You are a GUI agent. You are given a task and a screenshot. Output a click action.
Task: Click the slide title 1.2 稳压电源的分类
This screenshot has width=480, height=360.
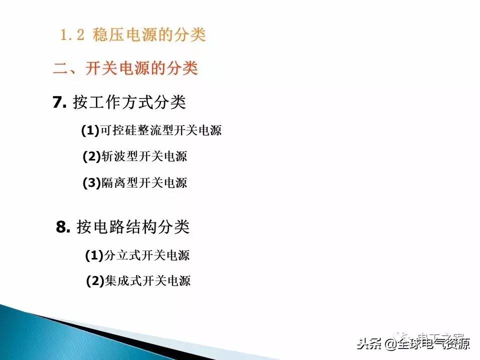pos(132,35)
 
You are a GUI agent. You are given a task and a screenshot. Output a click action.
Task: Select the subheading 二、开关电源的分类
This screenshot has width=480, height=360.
pos(125,68)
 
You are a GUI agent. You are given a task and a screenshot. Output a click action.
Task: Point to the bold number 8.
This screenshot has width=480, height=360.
pos(63,227)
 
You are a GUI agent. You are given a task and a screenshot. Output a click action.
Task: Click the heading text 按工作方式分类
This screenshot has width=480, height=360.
pos(129,102)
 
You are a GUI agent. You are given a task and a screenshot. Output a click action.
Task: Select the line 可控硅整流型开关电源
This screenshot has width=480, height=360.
pos(160,131)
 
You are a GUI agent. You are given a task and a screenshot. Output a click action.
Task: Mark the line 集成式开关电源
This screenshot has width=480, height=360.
pos(147,281)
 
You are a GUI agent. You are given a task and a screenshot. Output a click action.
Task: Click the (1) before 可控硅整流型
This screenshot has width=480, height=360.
pos(90,131)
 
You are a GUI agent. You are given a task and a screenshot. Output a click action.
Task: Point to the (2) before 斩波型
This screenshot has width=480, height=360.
pos(91,156)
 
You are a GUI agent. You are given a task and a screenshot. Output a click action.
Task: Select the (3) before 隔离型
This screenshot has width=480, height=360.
pos(91,183)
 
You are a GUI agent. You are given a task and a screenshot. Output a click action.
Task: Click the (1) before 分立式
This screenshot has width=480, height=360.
pos(93,255)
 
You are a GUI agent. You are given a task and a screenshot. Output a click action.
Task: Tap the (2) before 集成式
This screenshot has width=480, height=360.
pos(94,281)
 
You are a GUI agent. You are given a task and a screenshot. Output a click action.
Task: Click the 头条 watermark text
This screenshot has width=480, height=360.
pos(369,344)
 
